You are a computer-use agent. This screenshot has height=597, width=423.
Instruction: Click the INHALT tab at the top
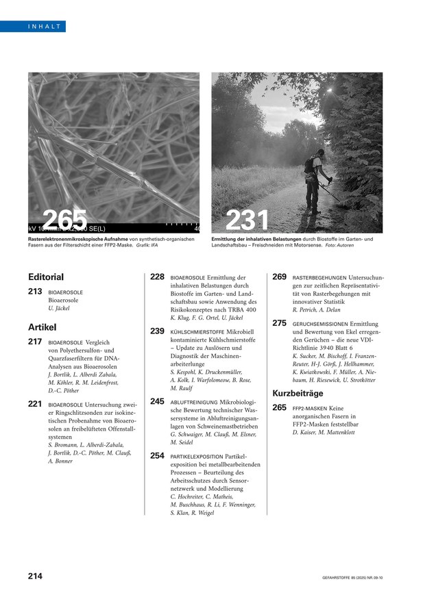[45, 27]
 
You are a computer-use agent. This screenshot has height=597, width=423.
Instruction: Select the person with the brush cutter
[313, 179]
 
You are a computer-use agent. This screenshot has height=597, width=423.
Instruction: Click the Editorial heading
[46, 277]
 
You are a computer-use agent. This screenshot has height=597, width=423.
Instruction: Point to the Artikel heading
[43, 327]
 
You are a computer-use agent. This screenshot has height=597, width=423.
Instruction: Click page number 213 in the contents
[35, 292]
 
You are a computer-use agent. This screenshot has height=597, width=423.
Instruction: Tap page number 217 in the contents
[35, 341]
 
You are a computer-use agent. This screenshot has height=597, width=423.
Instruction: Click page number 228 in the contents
[157, 277]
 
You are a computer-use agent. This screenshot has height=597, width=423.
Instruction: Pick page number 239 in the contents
[157, 331]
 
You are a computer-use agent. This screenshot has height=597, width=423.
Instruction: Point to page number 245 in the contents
[157, 401]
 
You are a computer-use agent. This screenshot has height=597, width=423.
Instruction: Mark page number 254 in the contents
[157, 455]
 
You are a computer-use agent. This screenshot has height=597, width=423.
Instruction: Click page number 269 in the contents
[279, 277]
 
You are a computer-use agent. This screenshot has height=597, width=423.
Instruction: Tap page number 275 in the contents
[279, 322]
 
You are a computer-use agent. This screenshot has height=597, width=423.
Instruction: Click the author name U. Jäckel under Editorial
[60, 309]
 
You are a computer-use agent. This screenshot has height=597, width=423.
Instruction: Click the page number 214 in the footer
[35, 576]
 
